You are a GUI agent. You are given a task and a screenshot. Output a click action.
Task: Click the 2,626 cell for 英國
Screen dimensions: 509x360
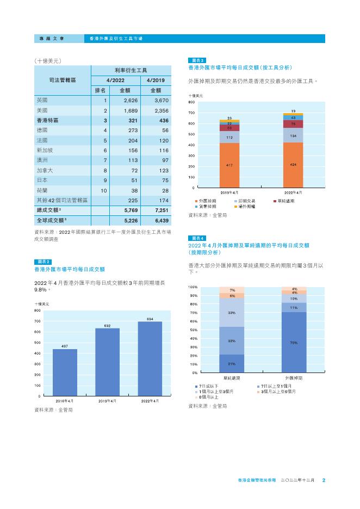point(132,101)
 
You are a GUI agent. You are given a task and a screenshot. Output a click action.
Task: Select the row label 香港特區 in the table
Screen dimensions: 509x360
point(48,120)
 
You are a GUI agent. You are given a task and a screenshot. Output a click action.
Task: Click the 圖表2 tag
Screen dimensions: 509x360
point(41,262)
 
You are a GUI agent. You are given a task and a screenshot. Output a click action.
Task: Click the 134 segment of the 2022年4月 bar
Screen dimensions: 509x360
point(293,135)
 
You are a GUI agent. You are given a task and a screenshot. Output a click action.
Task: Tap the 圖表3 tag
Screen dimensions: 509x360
point(196,60)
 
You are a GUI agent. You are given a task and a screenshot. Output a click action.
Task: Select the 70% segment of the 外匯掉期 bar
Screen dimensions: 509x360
point(294,343)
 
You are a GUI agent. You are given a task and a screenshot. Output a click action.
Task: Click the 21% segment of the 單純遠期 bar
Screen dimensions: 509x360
point(232,363)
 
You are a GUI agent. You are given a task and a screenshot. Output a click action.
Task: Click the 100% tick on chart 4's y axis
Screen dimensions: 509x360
point(193,287)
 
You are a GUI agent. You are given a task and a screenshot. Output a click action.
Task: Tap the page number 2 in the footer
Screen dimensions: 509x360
point(324,480)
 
